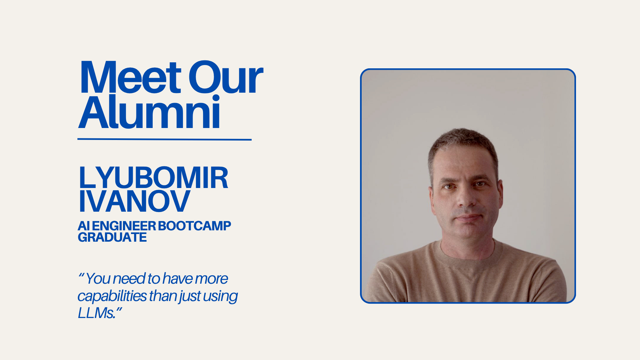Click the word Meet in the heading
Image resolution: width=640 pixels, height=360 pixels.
130,78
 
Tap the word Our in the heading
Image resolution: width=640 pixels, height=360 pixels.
226,78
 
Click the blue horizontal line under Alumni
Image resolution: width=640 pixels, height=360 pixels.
164,139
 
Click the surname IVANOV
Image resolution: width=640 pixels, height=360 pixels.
134,201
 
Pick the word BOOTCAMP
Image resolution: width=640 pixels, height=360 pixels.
194,226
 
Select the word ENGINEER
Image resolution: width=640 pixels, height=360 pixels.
124,226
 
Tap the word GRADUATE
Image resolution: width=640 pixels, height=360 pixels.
112,237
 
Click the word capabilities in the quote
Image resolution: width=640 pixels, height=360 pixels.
112,296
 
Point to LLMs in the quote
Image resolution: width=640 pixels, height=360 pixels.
96,313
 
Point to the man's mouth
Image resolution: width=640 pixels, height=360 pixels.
468,218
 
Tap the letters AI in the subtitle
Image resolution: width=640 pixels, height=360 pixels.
83,226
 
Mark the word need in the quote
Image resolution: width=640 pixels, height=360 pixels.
129,279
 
